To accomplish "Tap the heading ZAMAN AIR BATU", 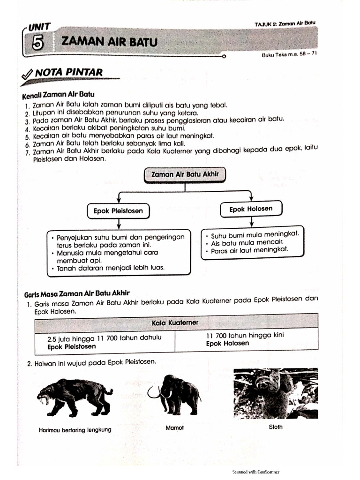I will [109, 42].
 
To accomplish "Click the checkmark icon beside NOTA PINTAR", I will [28, 74].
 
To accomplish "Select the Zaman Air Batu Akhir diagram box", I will [185, 175].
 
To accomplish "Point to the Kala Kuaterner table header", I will [175, 322].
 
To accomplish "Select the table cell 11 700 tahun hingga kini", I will [245, 339].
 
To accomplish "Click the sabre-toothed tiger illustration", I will [75, 397].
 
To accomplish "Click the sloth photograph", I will [275, 393].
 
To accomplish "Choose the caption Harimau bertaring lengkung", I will [75, 430].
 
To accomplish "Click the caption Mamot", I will [174, 427].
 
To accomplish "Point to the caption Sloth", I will [276, 427].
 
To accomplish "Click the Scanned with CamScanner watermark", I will [256, 472].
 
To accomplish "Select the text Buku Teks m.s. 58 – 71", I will [290, 54].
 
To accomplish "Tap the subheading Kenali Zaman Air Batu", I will [58, 95].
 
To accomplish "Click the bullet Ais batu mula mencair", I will [242, 243].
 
